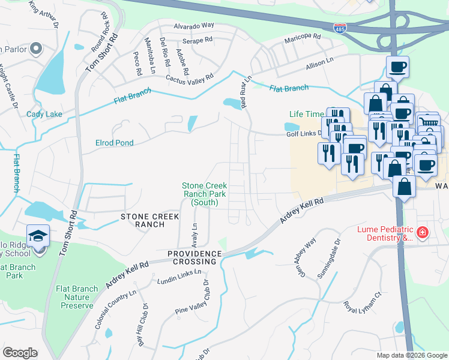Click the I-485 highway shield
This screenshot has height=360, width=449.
pyautogui.click(x=340, y=28)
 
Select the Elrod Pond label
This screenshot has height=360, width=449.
pyautogui.click(x=114, y=143)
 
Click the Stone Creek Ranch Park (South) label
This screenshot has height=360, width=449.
pyautogui.click(x=205, y=194)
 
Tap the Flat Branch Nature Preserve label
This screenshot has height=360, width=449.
pyautogui.click(x=77, y=297)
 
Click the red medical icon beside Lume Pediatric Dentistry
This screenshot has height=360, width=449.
pyautogui.click(x=423, y=232)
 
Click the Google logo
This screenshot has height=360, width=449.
pyautogui.click(x=20, y=352)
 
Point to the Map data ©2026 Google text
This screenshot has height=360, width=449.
pyautogui.click(x=411, y=355)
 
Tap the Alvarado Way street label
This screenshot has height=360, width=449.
pyautogui.click(x=194, y=26)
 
